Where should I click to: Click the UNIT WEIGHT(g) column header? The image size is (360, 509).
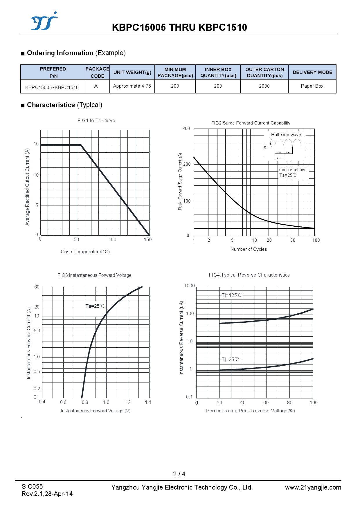click(x=132, y=72)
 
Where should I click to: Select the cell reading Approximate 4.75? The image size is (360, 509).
click(x=132, y=86)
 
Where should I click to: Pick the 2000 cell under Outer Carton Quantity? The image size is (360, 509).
click(x=264, y=86)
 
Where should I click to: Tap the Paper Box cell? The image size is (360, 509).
click(x=312, y=86)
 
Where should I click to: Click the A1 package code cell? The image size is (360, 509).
click(x=97, y=86)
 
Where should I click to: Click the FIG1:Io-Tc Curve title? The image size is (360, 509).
click(x=96, y=120)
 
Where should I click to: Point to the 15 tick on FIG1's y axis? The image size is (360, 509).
click(x=36, y=144)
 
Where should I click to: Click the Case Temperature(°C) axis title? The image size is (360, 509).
click(x=85, y=252)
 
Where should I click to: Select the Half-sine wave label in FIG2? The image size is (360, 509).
click(x=286, y=135)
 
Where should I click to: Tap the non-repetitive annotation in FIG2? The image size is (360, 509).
click(x=293, y=170)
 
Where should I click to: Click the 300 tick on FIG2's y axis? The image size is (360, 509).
click(x=186, y=129)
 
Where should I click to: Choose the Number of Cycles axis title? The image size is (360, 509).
click(x=249, y=249)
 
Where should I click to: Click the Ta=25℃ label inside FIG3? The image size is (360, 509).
click(x=95, y=306)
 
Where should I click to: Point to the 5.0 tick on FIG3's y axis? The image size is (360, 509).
click(x=37, y=331)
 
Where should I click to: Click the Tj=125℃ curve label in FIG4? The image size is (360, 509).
click(x=231, y=295)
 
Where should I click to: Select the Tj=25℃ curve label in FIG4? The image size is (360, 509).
click(x=230, y=359)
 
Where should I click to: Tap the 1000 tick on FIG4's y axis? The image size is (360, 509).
click(x=190, y=286)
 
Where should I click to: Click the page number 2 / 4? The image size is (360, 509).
click(x=179, y=474)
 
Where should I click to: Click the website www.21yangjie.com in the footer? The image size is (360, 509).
click(x=313, y=488)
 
